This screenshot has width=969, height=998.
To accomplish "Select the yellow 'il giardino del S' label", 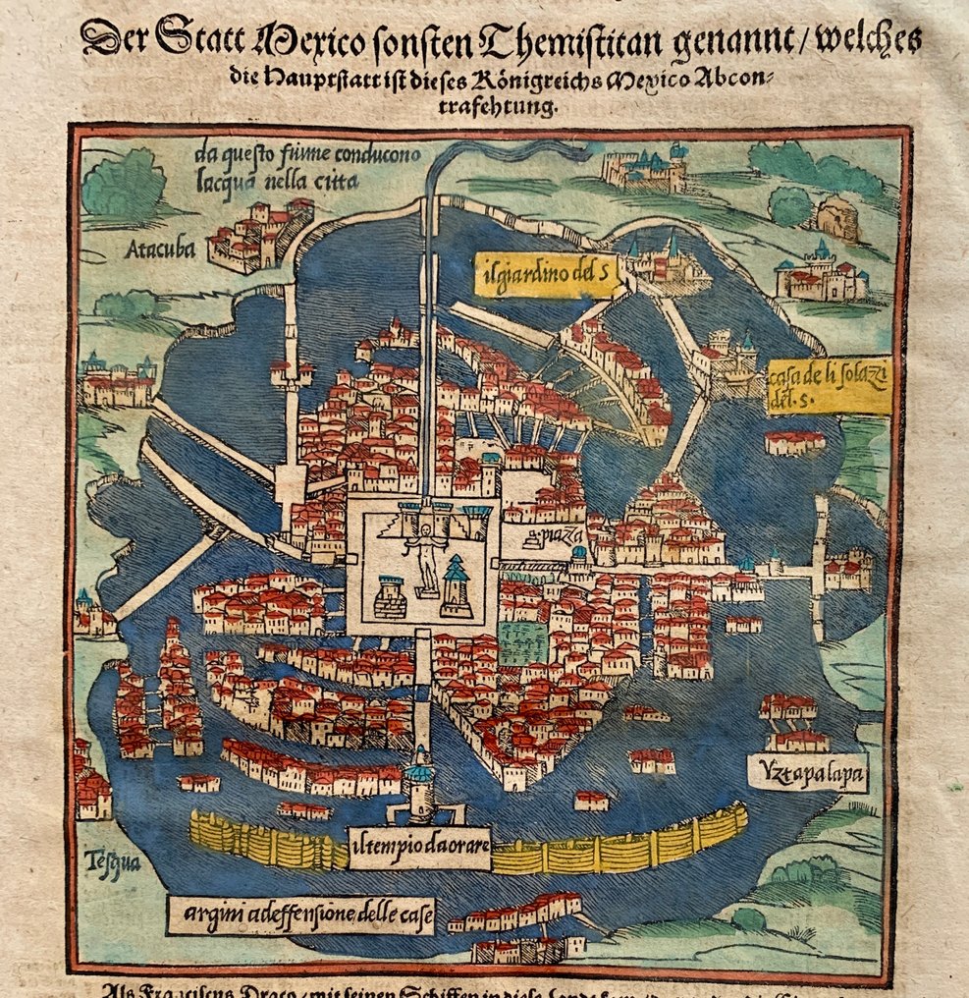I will coord(551,274).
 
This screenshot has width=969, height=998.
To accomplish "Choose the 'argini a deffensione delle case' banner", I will coord(302,915).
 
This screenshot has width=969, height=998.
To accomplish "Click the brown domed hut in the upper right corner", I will coord(836,218).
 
